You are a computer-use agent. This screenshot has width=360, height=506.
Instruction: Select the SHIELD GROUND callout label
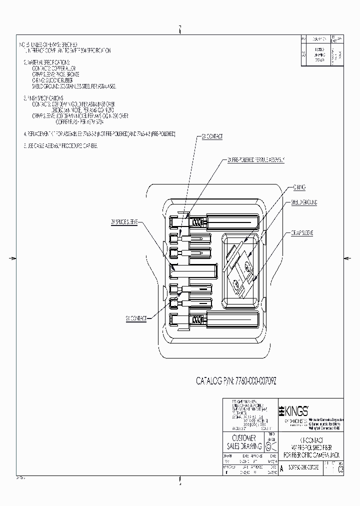304,202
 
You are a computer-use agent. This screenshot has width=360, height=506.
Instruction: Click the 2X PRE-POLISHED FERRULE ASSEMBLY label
255,159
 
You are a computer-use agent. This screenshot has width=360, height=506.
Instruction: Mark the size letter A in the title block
282,469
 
